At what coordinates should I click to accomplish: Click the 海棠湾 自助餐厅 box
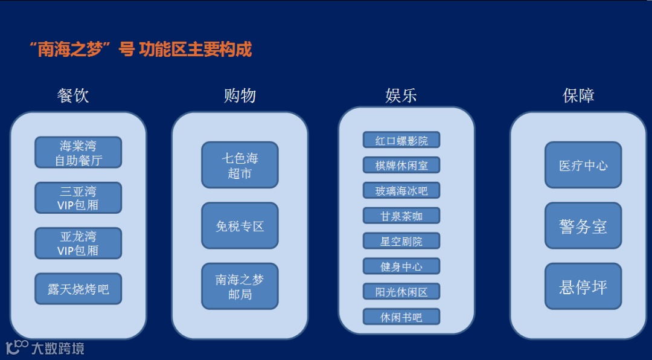point(78,153)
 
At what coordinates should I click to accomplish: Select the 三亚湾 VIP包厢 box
point(78,198)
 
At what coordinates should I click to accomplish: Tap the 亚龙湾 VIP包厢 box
point(78,243)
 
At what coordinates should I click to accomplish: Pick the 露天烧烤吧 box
point(78,289)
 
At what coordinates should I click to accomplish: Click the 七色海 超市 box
point(240,166)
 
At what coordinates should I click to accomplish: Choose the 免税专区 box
point(240,226)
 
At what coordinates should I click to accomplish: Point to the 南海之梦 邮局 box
point(240,286)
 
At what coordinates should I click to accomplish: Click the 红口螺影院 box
point(401,140)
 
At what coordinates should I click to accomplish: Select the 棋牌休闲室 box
point(401,166)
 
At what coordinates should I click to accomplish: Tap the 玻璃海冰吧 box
point(401,191)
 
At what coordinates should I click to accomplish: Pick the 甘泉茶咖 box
point(401,216)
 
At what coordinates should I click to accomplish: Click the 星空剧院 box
point(401,241)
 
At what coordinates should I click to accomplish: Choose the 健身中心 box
point(401,266)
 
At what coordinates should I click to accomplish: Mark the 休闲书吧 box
point(401,317)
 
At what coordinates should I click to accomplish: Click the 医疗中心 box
point(583,166)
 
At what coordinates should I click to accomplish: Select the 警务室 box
point(583,226)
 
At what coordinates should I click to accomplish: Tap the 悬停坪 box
point(583,286)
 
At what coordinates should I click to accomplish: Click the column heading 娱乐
point(401,95)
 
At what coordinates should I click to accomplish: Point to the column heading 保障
point(578,95)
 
